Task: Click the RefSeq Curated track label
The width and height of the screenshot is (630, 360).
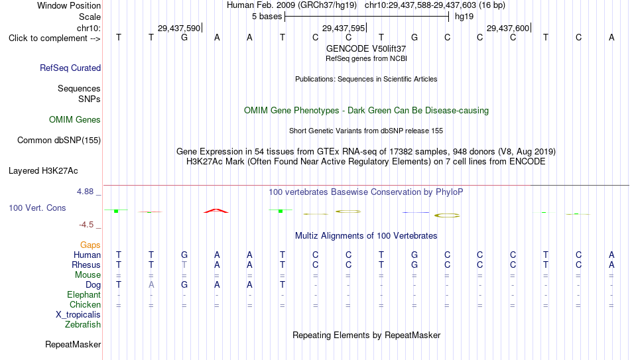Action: click(x=70, y=68)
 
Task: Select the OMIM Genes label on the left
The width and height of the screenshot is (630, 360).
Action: click(x=75, y=120)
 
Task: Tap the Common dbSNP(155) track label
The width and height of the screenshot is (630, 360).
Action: click(x=59, y=141)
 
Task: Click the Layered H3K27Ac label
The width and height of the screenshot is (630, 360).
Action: click(x=43, y=171)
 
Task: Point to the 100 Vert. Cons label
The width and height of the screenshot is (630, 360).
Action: click(x=37, y=208)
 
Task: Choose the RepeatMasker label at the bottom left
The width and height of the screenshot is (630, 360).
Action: click(x=73, y=344)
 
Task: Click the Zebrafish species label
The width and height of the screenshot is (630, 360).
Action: click(x=83, y=324)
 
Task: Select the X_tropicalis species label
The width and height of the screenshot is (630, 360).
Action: click(x=78, y=315)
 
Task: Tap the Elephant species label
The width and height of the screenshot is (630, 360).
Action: click(x=84, y=294)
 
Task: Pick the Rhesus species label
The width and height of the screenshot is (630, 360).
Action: click(x=86, y=265)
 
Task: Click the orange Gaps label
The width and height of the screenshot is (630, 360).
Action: click(x=90, y=245)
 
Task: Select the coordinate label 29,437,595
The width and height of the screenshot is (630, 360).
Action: click(x=344, y=28)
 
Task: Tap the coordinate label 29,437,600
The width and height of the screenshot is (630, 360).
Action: click(x=508, y=28)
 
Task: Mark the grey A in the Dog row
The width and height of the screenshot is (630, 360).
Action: click(x=151, y=285)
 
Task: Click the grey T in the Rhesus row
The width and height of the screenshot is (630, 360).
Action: click(x=184, y=265)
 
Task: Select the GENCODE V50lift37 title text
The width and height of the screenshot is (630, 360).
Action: click(x=366, y=48)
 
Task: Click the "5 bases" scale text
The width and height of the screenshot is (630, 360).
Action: click(x=267, y=17)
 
